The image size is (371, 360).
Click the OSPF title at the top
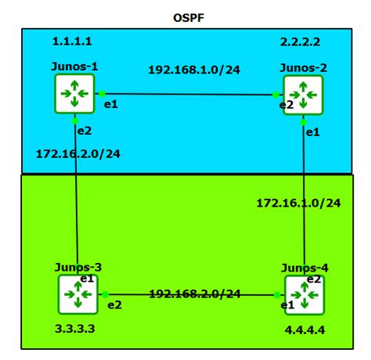coord(189,16)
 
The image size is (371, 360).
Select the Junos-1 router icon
coord(75,94)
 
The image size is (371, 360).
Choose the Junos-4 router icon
coord(304,296)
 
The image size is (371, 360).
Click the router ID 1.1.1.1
coord(72,40)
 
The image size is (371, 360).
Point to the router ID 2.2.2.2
coord(301,40)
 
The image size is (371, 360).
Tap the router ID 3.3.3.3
coord(77,329)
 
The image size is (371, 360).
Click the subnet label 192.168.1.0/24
coord(194,69)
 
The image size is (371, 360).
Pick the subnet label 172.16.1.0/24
coord(299,203)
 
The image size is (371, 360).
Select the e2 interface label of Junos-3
coord(114,304)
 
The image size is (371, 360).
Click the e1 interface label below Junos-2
coord(312,132)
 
